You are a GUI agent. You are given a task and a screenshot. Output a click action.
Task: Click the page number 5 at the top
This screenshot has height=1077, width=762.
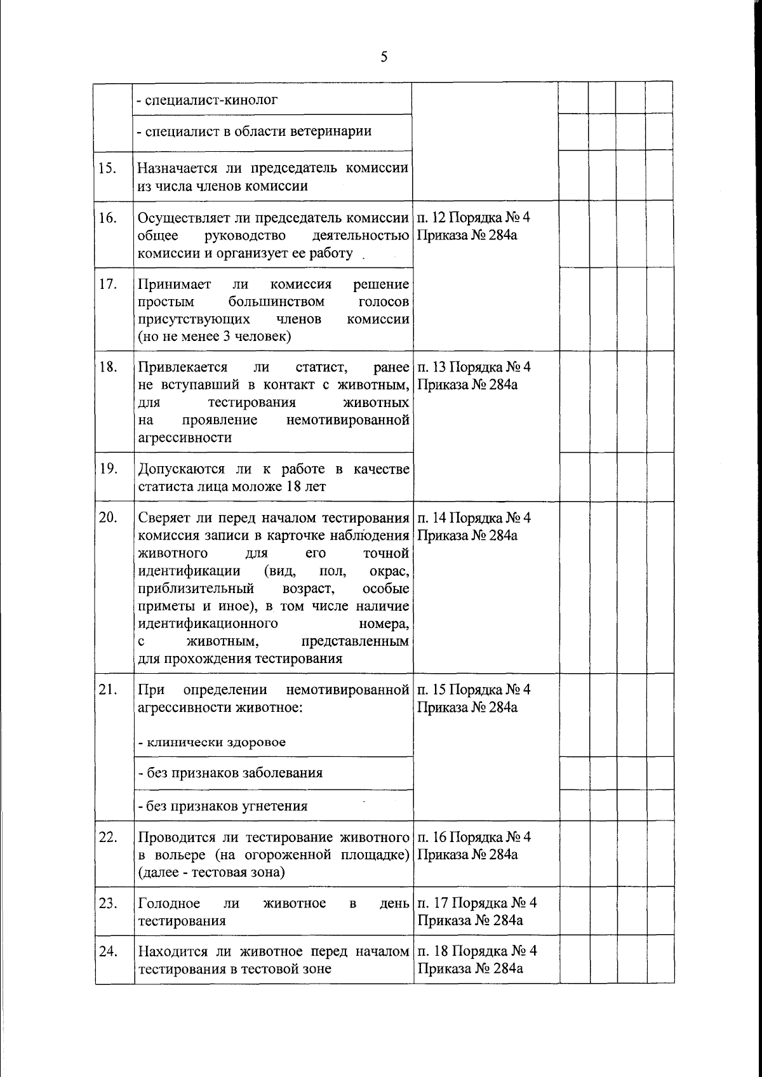(x=384, y=57)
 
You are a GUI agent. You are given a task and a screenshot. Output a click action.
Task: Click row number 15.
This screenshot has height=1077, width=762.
(x=107, y=168)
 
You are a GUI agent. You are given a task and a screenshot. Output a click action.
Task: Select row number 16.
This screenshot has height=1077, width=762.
(x=107, y=218)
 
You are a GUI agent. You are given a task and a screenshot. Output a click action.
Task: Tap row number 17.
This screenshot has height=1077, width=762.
(x=107, y=284)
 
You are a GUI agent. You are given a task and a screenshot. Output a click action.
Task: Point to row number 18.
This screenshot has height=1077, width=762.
(x=107, y=367)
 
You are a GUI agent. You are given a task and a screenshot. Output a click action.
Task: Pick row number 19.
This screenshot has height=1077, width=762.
(x=107, y=469)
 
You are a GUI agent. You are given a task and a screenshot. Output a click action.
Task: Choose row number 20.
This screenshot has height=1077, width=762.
(x=108, y=518)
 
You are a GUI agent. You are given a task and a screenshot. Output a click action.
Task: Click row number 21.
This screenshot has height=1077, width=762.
(x=107, y=690)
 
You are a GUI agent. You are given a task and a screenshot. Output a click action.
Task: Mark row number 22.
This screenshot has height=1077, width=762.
(x=108, y=837)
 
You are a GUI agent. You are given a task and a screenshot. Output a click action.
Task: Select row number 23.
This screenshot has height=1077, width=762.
(x=108, y=903)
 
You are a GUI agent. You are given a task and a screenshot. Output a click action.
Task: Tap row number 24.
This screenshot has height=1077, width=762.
(x=108, y=951)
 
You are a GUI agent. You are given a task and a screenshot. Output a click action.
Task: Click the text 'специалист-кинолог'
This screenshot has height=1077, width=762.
(x=208, y=100)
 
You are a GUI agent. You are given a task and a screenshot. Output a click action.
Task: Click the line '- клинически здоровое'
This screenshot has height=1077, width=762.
(x=212, y=742)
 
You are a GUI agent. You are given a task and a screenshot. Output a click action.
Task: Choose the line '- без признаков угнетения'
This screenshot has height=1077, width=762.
(x=223, y=806)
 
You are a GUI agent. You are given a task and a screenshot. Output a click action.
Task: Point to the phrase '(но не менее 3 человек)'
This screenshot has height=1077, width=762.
(x=214, y=337)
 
